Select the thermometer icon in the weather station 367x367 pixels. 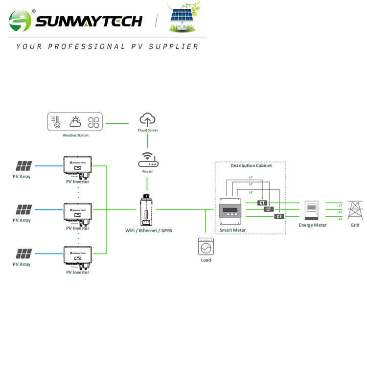point(57,122)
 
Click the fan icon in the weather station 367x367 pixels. point(93,122)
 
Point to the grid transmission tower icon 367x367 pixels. point(355,210)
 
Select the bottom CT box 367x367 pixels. point(279,216)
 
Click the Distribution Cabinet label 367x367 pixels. point(251,166)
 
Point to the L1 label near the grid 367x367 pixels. point(340,205)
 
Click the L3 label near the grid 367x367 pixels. point(340,218)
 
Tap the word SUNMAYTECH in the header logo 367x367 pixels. point(89,21)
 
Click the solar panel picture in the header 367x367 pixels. point(183,19)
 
